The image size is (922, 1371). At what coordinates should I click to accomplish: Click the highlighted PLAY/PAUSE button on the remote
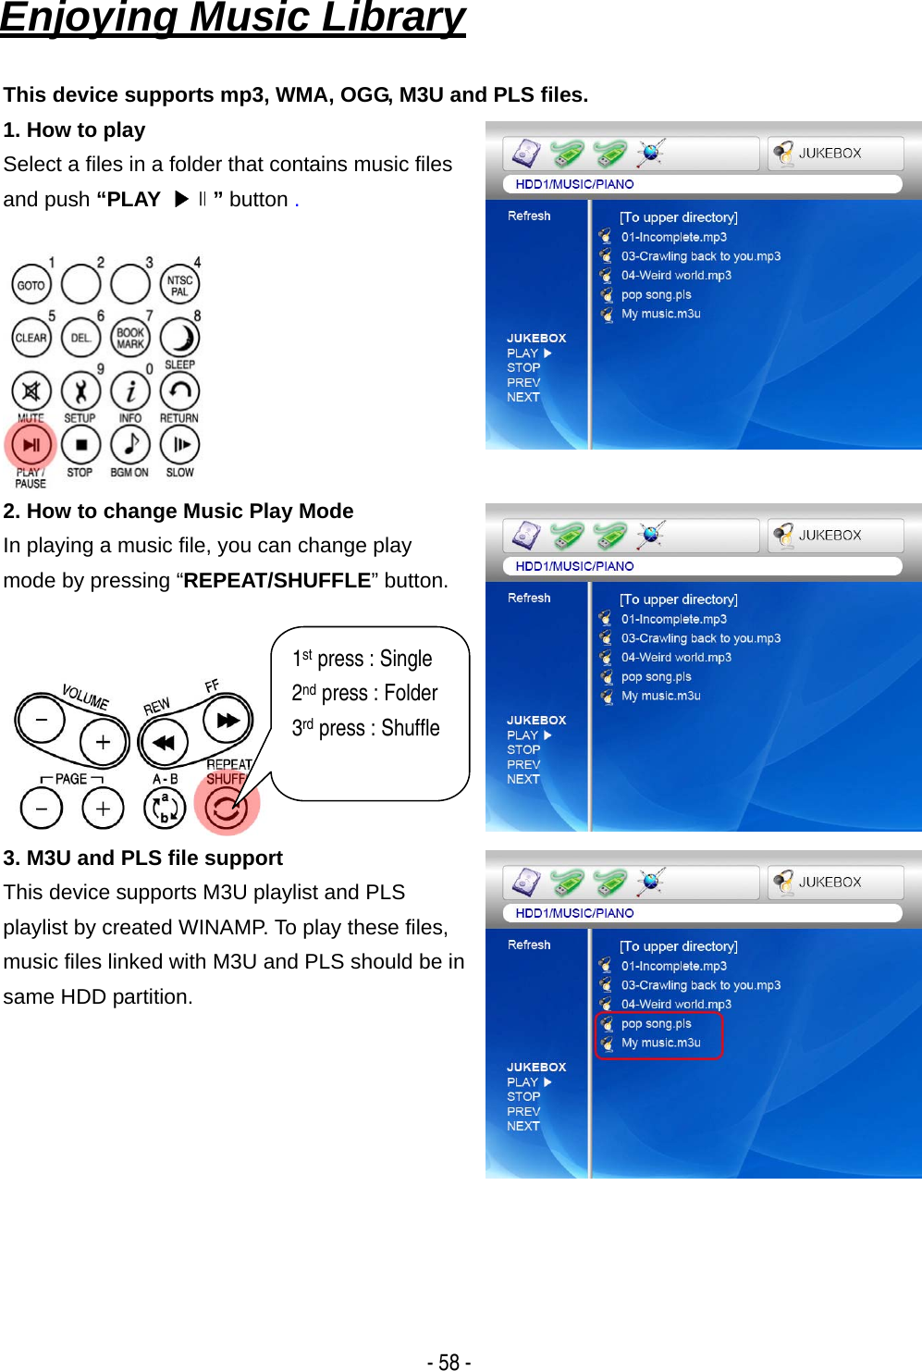(31, 445)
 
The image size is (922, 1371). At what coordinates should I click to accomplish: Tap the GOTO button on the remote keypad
(31, 285)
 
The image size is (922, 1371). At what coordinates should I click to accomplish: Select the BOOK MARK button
(130, 338)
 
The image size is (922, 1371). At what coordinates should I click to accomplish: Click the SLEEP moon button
(180, 338)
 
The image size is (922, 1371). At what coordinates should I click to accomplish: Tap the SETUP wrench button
(80, 391)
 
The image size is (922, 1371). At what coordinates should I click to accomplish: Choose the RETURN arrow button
(180, 391)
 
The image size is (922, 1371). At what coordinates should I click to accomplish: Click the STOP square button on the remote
(80, 445)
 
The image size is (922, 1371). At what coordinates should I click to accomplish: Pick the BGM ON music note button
(130, 445)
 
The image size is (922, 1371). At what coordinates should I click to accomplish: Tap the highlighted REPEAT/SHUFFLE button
(227, 808)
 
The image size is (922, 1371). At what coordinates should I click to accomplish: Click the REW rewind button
(164, 743)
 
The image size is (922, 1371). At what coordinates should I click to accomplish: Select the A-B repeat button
(165, 809)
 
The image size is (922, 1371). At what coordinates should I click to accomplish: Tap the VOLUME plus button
(103, 743)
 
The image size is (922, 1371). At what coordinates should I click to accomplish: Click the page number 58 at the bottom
(449, 1362)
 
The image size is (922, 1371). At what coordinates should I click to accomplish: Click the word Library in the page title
(393, 18)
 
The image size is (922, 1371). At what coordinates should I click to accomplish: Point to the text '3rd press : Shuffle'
(365, 728)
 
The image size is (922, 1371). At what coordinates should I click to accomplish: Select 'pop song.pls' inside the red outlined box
(656, 1023)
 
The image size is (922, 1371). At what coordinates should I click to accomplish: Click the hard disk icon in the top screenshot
(526, 153)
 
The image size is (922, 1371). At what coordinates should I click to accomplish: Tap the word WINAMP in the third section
(222, 927)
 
